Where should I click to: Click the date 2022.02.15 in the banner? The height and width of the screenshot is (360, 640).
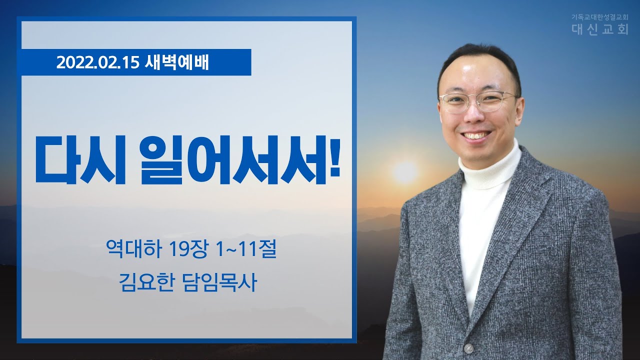click(x=97, y=62)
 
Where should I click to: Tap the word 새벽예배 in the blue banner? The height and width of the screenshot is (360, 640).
click(x=177, y=62)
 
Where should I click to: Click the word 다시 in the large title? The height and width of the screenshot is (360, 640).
click(x=80, y=159)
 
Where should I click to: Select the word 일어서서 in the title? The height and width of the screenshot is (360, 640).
click(x=233, y=160)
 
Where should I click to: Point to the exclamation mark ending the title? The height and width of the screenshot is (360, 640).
click(x=335, y=157)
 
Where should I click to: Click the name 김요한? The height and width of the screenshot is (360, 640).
click(x=146, y=282)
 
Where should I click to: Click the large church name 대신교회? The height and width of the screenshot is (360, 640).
click(x=600, y=29)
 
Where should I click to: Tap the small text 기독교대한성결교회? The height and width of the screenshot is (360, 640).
click(x=600, y=17)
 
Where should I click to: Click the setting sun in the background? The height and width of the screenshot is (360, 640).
click(x=405, y=172)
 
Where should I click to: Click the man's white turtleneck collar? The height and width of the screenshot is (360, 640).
click(x=489, y=168)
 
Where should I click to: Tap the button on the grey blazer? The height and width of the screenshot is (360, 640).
click(x=468, y=348)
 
